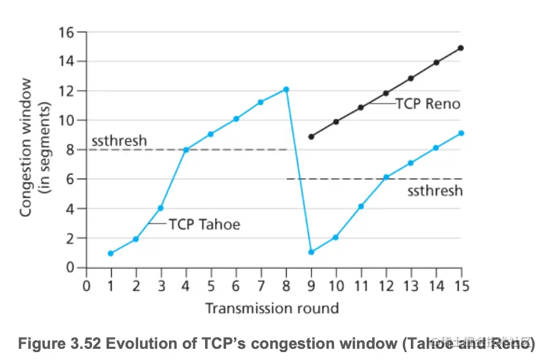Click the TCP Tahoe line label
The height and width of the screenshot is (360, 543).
[x=204, y=225]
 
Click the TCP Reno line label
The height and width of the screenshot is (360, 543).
[x=427, y=104]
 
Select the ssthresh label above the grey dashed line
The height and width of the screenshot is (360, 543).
[x=120, y=141]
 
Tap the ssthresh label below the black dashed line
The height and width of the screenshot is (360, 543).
[x=435, y=191]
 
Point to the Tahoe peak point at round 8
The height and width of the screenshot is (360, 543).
[x=286, y=89]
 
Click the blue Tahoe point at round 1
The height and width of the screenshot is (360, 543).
[x=110, y=254]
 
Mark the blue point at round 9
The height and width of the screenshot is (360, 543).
[x=311, y=252]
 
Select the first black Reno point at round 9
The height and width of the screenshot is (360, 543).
[x=311, y=137]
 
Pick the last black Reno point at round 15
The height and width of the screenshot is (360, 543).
[x=461, y=48]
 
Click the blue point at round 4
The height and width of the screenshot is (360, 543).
[x=186, y=150]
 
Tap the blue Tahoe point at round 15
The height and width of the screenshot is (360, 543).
[x=461, y=133]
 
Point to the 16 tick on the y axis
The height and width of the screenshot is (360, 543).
[x=66, y=32]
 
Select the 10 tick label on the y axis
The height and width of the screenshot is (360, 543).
[x=66, y=120]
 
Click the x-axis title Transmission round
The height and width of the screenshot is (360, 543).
[x=272, y=307]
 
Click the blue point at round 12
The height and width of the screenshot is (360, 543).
[x=386, y=178]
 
